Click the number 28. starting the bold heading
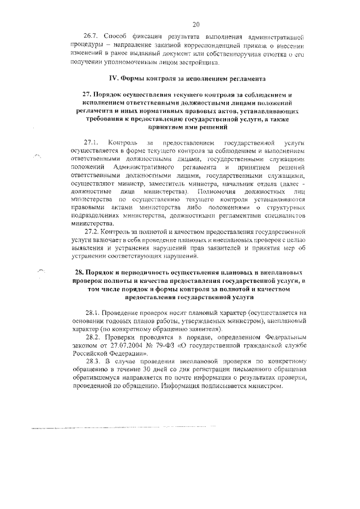(80, 272)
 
